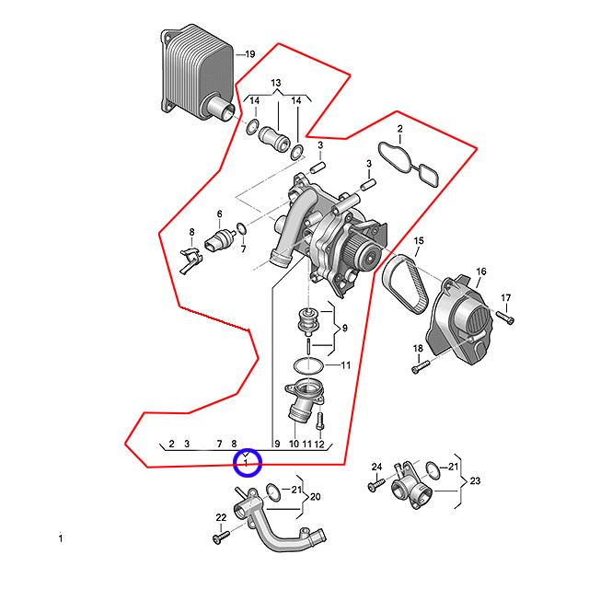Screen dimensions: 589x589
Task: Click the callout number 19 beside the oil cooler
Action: pos(250,54)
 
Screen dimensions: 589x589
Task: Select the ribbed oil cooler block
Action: pos(198,73)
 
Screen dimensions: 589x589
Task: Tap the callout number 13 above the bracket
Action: pos(276,83)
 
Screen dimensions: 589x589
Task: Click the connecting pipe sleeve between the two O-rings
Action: pos(274,138)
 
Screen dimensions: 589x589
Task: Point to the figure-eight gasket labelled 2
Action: pos(409,164)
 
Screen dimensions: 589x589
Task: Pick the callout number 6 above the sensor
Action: pos(219,214)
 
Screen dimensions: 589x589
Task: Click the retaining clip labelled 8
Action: pos(191,260)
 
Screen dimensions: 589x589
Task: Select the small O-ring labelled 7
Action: pos(241,228)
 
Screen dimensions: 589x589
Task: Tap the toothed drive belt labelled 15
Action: pos(405,280)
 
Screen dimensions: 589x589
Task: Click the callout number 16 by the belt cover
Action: pos(481,271)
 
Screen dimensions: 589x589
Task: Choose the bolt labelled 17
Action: pos(505,317)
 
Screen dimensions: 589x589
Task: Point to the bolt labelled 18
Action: pos(421,366)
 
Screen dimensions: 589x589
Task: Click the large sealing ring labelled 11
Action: pos(308,365)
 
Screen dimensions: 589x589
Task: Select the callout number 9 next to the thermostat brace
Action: pos(345,329)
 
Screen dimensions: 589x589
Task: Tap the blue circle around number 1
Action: pos(247,462)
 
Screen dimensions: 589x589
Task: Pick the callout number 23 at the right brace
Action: pos(475,480)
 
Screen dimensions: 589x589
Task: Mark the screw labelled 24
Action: pos(376,484)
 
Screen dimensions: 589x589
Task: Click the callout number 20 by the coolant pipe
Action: pos(315,497)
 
